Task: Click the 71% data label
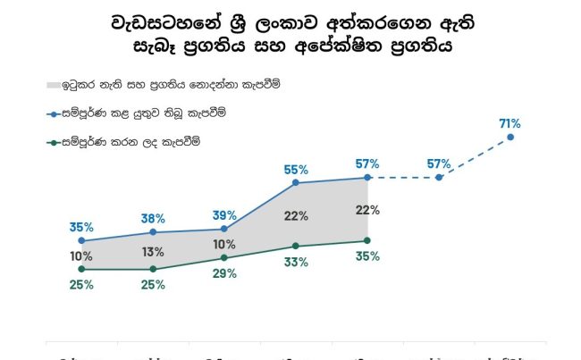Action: (510, 122)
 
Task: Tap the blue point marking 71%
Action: (510, 138)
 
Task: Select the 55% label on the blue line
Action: (296, 169)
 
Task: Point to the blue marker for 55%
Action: (296, 184)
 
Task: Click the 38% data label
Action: (153, 218)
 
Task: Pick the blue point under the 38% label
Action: (153, 232)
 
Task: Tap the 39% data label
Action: (224, 215)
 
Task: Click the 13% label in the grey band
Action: (153, 252)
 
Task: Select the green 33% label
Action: (296, 262)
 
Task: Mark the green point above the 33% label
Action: (296, 247)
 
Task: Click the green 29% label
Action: (224, 273)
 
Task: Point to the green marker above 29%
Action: (224, 258)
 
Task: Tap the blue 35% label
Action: (81, 227)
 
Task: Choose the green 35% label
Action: (367, 256)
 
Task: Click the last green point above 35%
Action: (367, 240)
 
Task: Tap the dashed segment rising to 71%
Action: (475, 158)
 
